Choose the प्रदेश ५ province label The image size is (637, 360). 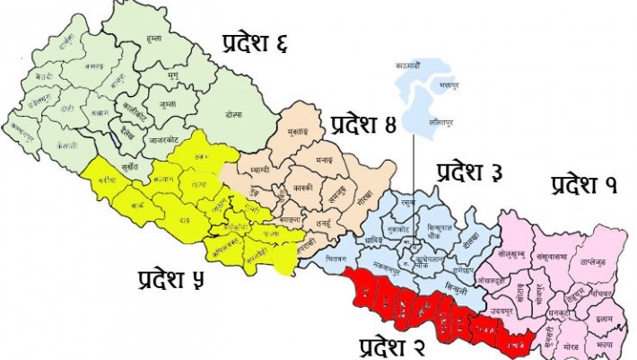[171, 279]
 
